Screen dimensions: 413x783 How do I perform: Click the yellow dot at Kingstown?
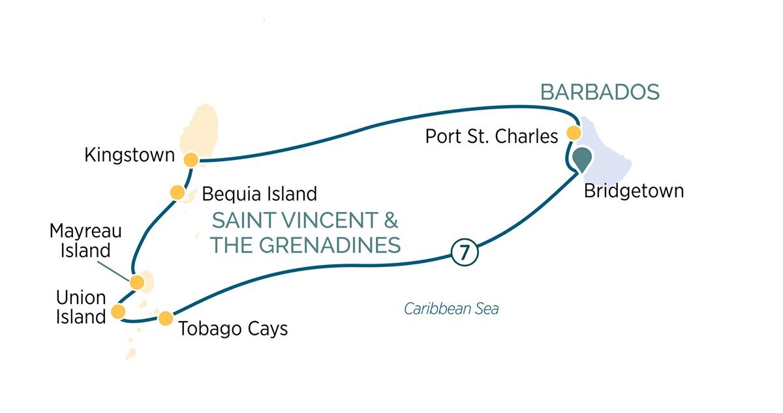tap(191, 160)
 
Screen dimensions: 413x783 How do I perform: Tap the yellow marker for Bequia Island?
tap(177, 192)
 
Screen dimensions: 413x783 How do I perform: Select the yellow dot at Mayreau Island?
tap(137, 282)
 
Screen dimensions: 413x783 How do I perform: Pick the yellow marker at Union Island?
tap(118, 312)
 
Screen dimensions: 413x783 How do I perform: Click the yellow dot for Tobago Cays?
tap(166, 318)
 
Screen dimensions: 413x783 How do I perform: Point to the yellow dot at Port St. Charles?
tap(574, 133)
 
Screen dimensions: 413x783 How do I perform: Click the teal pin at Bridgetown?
tap(582, 159)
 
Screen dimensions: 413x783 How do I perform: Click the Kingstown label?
tap(130, 156)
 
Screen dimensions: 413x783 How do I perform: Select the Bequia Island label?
tap(259, 194)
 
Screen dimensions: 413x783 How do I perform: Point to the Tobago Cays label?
tap(233, 328)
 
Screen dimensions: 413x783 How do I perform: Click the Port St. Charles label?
tap(491, 136)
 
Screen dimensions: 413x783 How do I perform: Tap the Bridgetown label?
tap(634, 191)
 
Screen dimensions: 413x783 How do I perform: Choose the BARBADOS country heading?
tap(600, 93)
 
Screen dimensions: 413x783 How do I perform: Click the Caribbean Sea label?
tap(451, 309)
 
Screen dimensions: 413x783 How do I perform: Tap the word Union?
tap(81, 298)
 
